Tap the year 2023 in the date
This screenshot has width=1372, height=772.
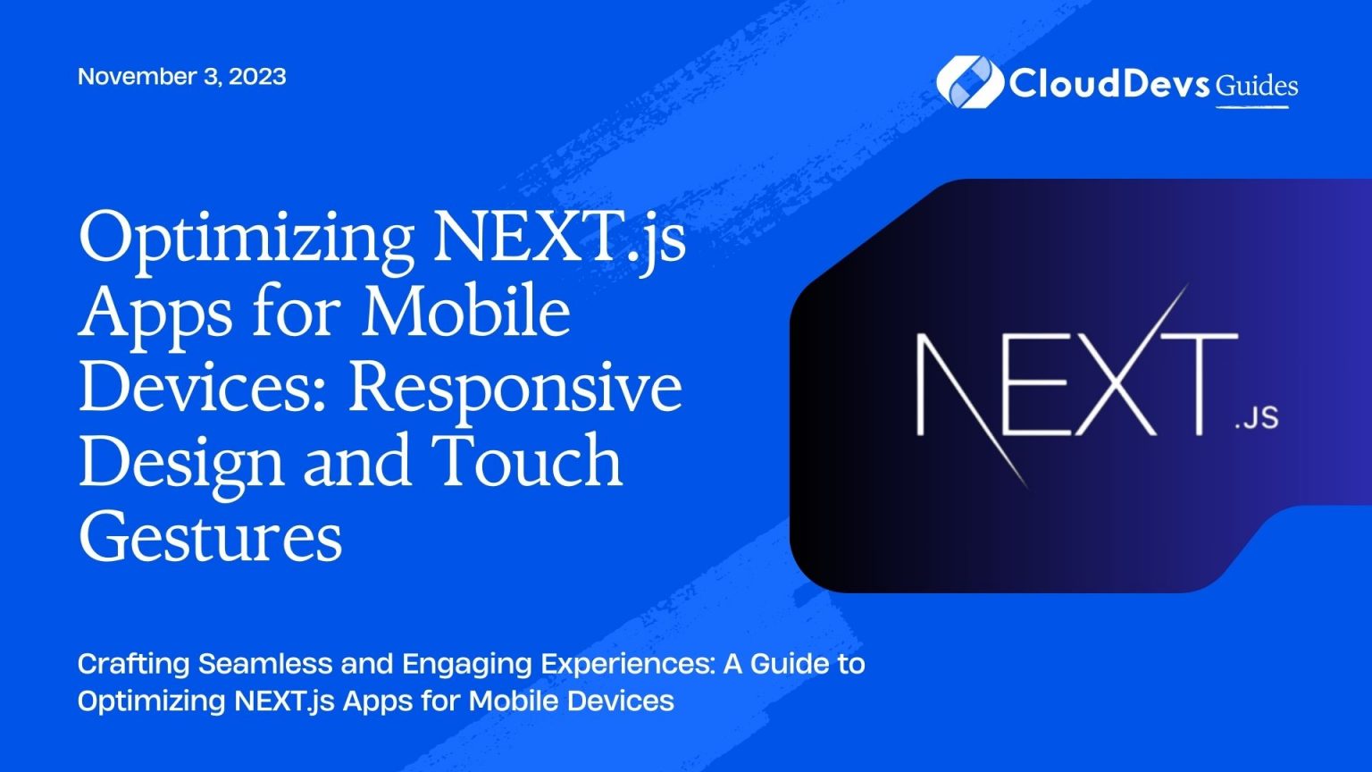coord(257,77)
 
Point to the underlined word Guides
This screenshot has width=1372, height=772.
coord(1257,86)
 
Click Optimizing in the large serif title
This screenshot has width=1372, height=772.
coord(246,238)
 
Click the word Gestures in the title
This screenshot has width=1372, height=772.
coord(211,538)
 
